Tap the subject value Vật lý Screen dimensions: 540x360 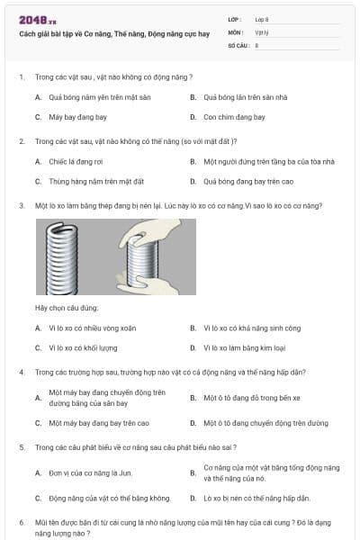point(260,31)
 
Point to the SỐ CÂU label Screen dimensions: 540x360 point(238,44)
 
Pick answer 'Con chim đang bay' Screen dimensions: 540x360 point(234,117)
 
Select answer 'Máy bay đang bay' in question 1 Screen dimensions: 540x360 point(74,117)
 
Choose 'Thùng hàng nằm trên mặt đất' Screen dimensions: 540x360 point(90,181)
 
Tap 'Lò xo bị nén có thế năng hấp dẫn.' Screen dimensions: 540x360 point(256,498)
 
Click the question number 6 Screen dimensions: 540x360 point(22,522)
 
